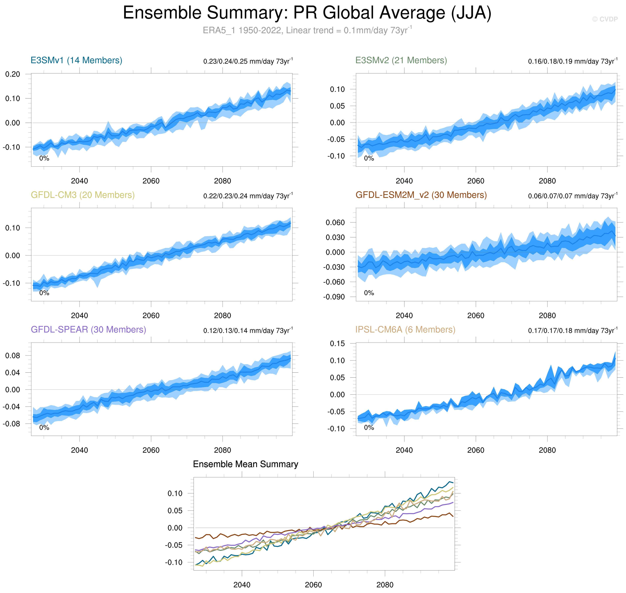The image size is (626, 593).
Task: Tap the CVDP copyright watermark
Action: (x=605, y=19)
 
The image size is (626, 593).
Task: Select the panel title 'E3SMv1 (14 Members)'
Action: (x=76, y=60)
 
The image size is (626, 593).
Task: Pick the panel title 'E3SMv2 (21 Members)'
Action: (x=401, y=60)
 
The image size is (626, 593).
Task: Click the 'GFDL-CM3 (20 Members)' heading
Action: (x=83, y=195)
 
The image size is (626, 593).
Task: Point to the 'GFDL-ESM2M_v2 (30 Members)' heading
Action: (x=421, y=195)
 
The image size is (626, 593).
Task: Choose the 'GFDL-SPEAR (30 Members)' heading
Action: (x=88, y=330)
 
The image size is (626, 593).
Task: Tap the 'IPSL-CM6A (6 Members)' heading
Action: (x=405, y=330)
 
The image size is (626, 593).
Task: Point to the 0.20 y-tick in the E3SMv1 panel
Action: (x=13, y=74)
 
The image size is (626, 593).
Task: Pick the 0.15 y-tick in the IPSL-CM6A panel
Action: (x=337, y=344)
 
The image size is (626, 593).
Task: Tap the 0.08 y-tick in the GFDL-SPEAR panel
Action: (x=13, y=356)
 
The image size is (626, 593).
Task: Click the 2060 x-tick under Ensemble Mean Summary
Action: (x=313, y=585)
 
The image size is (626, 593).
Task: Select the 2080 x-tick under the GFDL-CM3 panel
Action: (x=223, y=316)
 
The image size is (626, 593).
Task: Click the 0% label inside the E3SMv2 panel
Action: (x=369, y=158)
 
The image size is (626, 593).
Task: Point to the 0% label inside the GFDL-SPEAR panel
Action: (x=44, y=428)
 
